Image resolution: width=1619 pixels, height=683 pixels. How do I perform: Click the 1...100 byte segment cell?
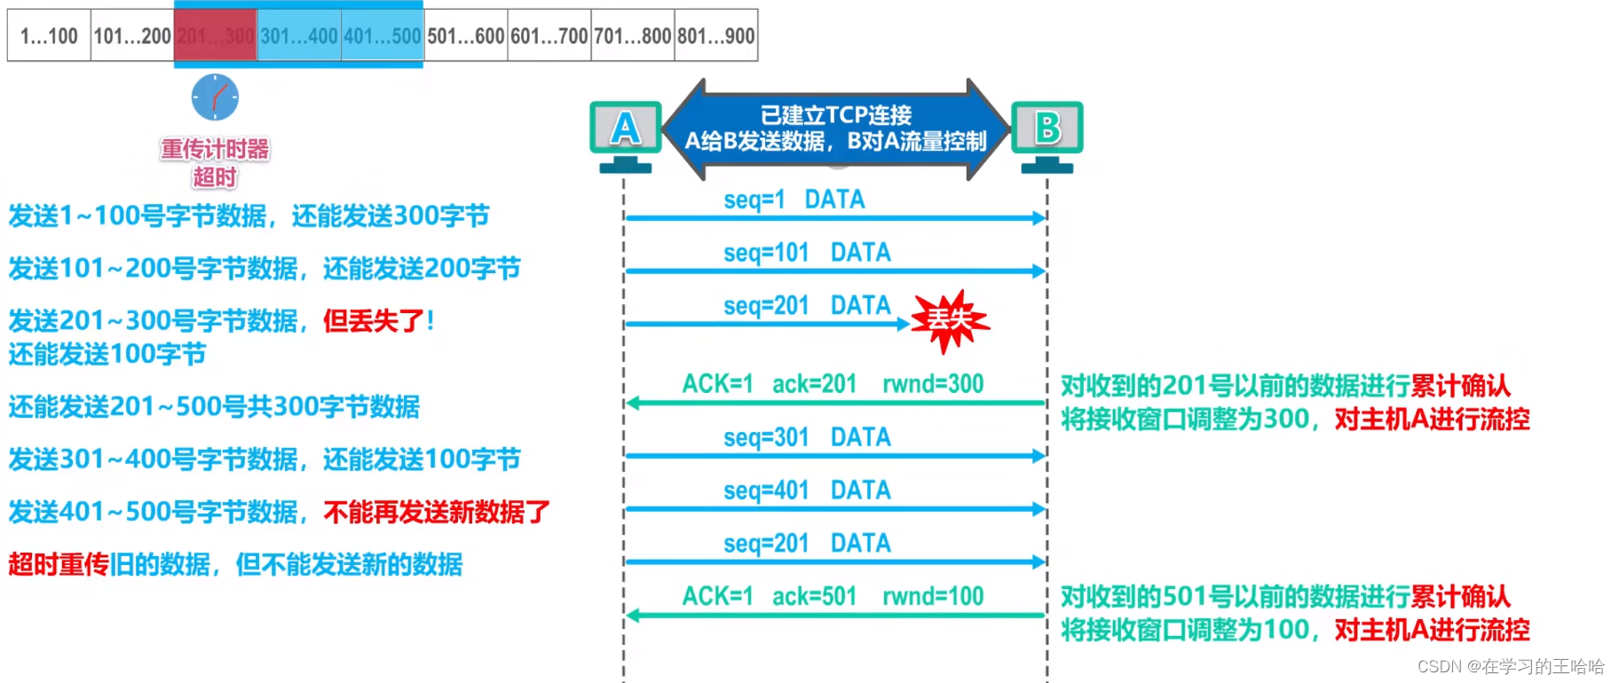49,36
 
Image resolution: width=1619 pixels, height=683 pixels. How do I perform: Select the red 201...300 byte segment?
216,36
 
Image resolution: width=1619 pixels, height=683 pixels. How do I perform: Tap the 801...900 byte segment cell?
716,36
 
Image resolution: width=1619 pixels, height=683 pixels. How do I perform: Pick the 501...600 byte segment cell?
466,36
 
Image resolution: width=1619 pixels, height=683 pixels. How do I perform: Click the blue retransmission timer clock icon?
215,98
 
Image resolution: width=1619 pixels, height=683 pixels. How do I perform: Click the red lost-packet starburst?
950,320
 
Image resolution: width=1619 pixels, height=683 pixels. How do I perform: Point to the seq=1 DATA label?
794,200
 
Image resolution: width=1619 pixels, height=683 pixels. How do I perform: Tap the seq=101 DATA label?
807,253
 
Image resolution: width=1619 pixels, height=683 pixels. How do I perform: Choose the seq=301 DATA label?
807,437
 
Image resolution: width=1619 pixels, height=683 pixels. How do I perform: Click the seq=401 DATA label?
807,491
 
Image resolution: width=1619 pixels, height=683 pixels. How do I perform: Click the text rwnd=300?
933,384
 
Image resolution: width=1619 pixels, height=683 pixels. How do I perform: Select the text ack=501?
814,597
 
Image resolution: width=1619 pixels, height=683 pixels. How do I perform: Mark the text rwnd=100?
933,597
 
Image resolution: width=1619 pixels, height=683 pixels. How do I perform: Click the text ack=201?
814,384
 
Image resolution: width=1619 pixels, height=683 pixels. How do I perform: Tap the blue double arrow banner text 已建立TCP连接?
836,115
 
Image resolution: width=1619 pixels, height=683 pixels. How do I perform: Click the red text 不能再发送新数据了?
437,512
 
